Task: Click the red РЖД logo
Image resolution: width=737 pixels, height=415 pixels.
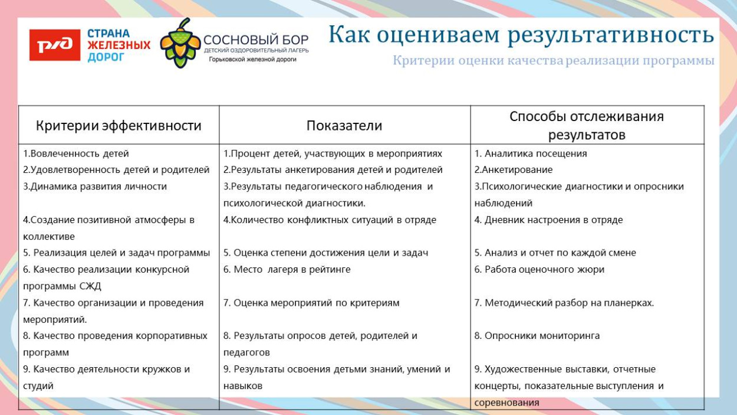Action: [x=55, y=45]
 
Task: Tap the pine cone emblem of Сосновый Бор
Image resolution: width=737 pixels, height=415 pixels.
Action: [x=180, y=43]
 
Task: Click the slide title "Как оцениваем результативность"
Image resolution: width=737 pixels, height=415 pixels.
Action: [x=521, y=35]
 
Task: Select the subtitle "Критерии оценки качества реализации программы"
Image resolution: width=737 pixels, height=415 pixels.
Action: [x=553, y=61]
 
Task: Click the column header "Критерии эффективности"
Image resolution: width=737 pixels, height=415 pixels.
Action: [x=119, y=126]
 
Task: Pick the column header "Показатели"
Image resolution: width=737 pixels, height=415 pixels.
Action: [x=344, y=126]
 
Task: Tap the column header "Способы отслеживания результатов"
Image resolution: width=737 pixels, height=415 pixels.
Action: [x=586, y=125]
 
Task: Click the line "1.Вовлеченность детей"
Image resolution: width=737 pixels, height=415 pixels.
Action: [x=76, y=153]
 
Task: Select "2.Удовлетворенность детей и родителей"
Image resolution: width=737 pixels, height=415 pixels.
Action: [x=116, y=170]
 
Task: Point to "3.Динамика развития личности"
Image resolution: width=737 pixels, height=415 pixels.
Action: [x=95, y=187]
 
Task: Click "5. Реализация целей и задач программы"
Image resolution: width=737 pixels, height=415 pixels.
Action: [x=117, y=253]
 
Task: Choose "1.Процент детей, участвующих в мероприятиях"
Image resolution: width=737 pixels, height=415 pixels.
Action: [x=333, y=153]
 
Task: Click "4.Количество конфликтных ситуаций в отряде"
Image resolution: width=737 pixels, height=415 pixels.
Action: [x=330, y=220]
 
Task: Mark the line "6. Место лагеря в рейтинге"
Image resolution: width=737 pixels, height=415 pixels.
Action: [x=287, y=269]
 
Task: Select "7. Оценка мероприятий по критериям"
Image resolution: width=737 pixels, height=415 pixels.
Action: [x=311, y=303]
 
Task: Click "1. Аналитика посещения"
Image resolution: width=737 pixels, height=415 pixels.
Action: [x=531, y=153]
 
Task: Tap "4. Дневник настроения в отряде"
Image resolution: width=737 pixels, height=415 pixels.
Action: [x=548, y=220]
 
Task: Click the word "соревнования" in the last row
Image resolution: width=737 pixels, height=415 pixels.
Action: [x=507, y=403]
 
